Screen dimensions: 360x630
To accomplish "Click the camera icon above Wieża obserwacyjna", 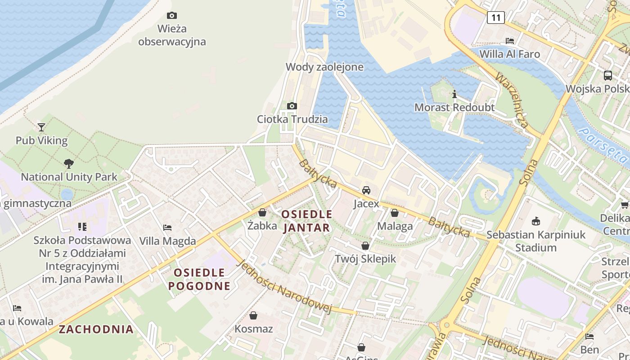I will click(171, 16).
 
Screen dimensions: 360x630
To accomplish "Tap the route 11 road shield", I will click(495, 18).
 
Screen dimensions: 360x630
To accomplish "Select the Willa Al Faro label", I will click(509, 54).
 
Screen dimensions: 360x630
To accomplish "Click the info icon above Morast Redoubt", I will click(454, 94).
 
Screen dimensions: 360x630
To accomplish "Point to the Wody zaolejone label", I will click(324, 67).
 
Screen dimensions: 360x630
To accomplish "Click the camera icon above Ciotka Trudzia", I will click(292, 106).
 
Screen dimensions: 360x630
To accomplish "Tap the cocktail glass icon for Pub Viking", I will click(41, 127).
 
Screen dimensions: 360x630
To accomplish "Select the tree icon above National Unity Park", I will click(69, 164).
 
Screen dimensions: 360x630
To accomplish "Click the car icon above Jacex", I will click(366, 190).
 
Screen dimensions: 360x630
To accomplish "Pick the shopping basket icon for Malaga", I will click(395, 213).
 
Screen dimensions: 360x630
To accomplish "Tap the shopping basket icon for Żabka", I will click(262, 212).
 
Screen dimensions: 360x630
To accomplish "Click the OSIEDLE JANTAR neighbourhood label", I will click(306, 221).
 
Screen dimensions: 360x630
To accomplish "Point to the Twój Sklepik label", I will click(365, 259).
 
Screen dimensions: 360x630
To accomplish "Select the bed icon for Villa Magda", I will click(167, 228).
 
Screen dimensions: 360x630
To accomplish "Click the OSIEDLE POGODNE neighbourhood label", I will click(199, 279).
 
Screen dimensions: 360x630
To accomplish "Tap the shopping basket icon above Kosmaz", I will click(253, 315).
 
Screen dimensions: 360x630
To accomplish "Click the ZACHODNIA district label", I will click(96, 329).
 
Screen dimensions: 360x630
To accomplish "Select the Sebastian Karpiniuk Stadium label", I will click(535, 241).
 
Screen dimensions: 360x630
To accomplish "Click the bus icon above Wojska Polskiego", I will click(608, 76).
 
